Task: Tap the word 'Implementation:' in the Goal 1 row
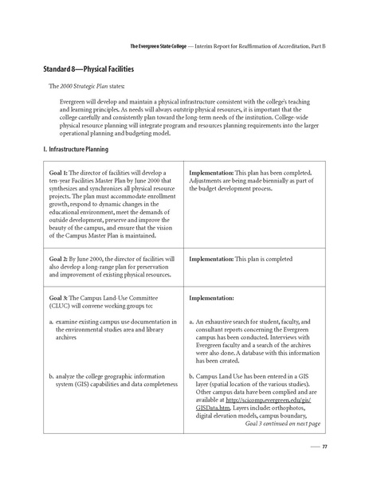[x=210, y=173]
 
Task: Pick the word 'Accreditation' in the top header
[x=289, y=45]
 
